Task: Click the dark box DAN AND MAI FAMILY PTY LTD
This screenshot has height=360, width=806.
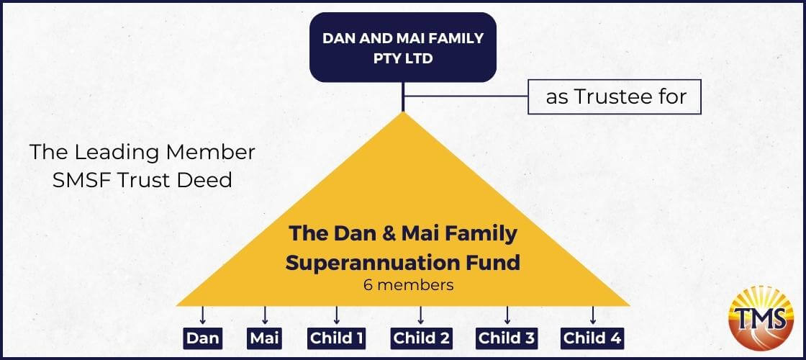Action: [403, 48]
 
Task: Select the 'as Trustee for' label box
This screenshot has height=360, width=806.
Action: [615, 96]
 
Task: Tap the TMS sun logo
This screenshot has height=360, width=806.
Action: [761, 318]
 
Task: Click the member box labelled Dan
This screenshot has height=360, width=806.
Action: [203, 338]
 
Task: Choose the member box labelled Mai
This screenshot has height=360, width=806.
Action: [265, 338]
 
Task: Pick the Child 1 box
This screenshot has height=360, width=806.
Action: [337, 338]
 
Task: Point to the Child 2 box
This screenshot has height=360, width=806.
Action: [422, 338]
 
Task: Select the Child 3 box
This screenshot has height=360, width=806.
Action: [507, 338]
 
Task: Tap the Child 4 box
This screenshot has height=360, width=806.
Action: [592, 338]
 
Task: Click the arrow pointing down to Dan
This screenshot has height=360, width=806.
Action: [202, 315]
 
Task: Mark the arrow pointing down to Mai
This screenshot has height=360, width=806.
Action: [265, 315]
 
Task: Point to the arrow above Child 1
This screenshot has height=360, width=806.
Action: [336, 315]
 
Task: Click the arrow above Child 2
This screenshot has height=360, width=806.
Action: [420, 315]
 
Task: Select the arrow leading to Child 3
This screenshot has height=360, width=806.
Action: [507, 315]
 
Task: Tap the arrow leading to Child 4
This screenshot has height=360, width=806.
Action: [593, 315]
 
